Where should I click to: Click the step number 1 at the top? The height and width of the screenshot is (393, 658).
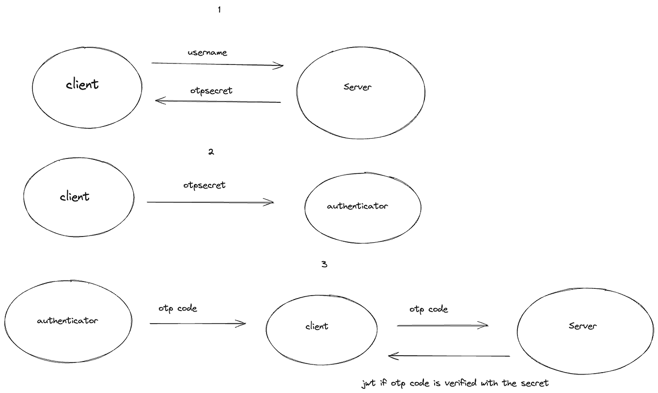219,9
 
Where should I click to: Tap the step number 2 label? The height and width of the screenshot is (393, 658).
211,152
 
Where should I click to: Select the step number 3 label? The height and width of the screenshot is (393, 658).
324,265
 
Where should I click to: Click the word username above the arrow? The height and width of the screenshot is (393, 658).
207,52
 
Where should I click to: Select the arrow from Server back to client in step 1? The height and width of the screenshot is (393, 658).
218,101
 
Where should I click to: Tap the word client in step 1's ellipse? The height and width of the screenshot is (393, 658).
82,84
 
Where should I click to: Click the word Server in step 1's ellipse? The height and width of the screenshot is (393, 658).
357,88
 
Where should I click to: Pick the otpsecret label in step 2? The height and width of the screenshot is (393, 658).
204,185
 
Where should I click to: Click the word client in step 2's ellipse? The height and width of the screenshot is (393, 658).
75,196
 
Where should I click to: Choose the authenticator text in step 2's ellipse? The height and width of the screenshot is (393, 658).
357,206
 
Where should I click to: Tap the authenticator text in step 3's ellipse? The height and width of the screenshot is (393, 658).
67,321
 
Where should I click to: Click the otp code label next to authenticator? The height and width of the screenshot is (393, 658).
177,309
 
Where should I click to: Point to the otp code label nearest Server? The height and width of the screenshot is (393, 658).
428,309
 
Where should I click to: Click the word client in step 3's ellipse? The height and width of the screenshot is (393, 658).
317,326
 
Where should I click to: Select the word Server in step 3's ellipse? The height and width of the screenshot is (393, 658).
583,326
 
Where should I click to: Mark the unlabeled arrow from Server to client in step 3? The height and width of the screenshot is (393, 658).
450,356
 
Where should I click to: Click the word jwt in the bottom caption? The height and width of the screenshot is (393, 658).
368,383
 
